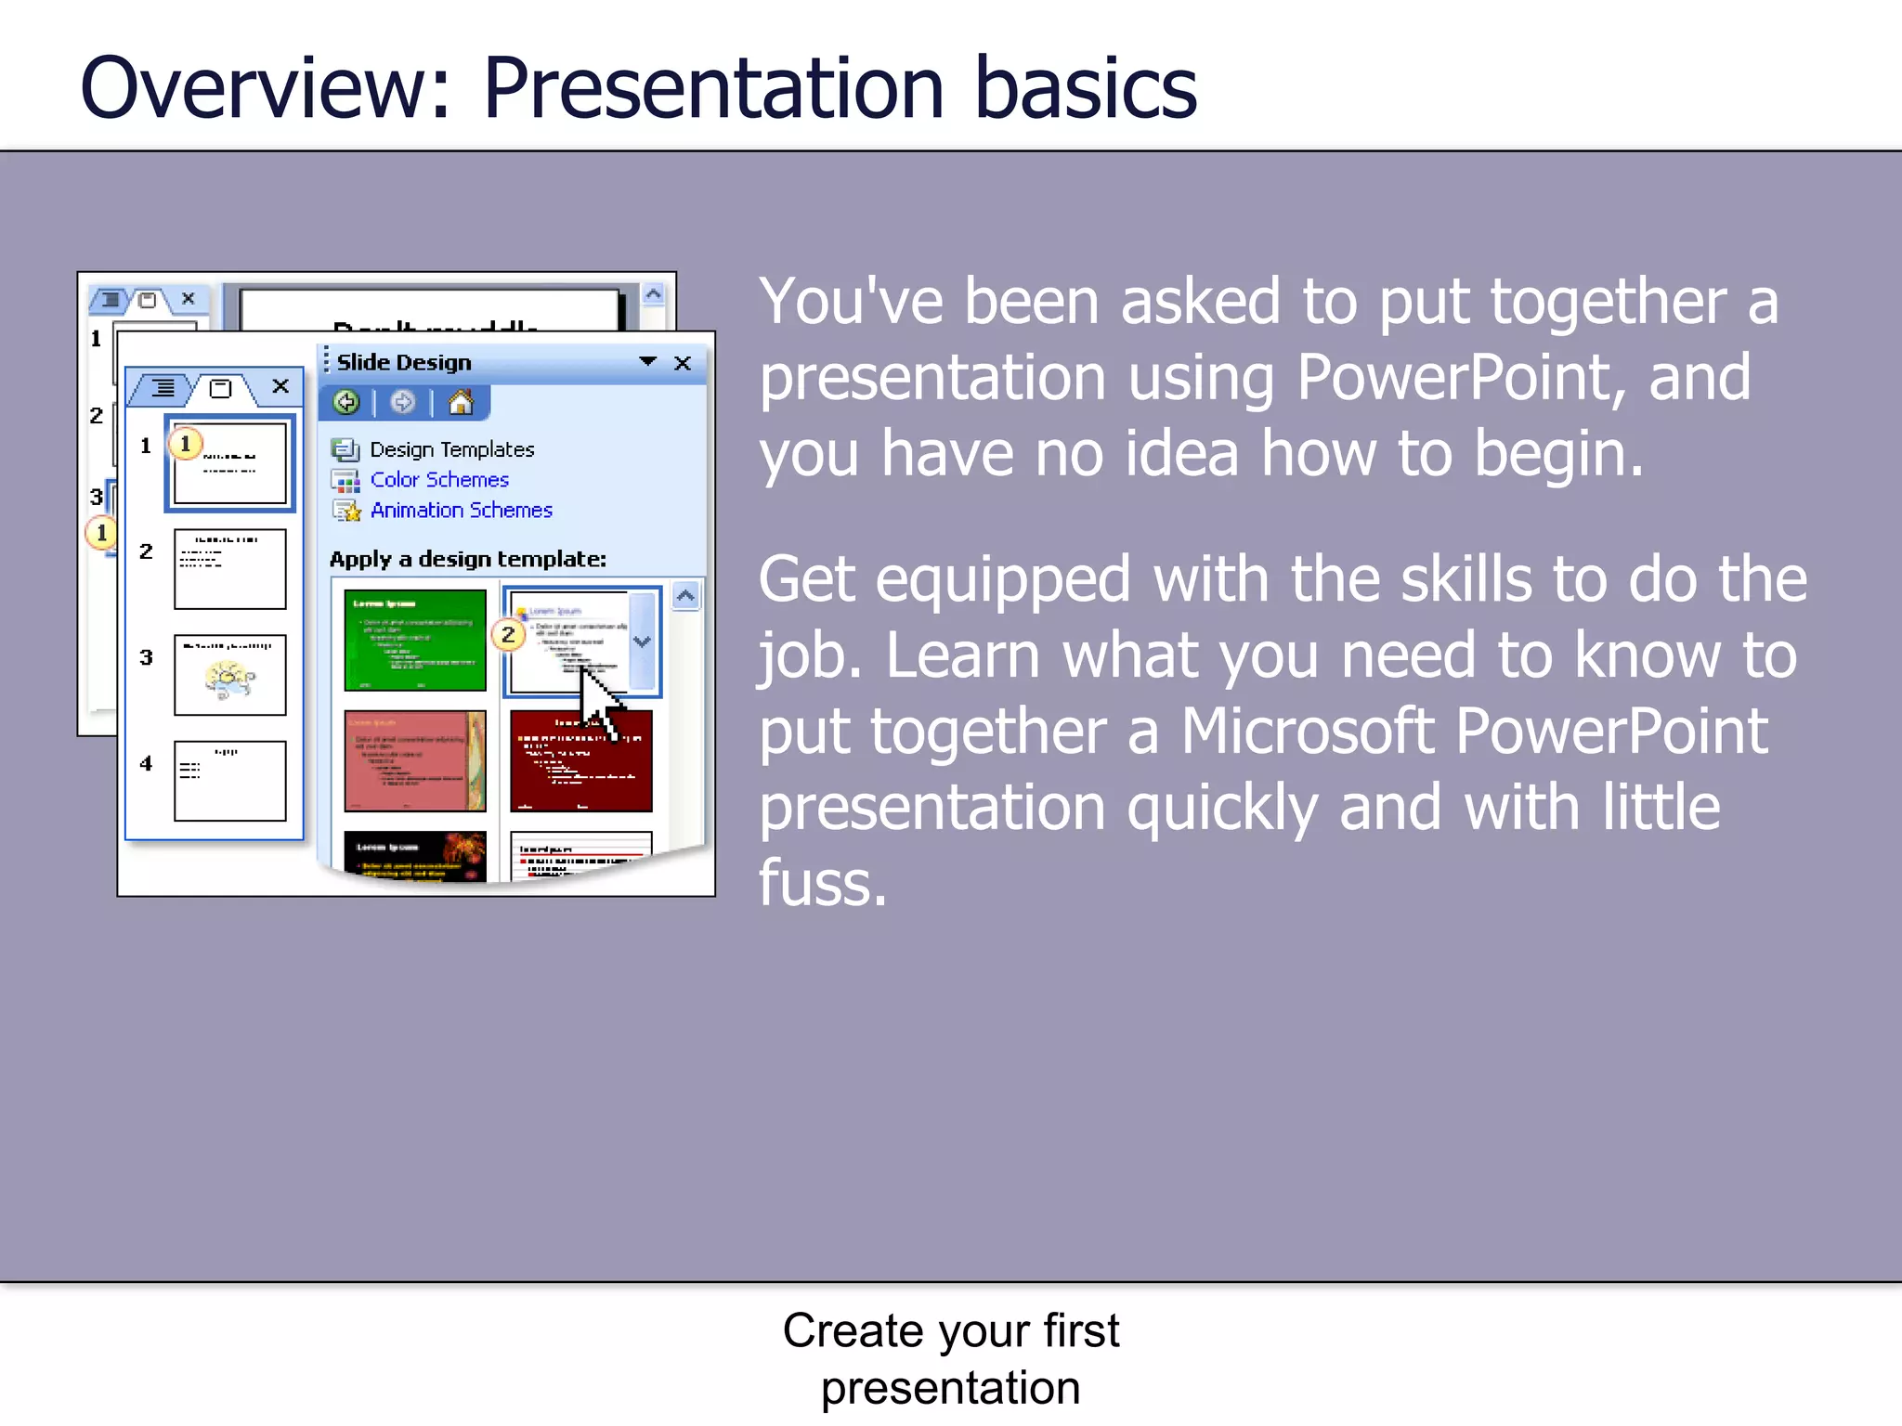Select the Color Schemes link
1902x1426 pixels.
click(x=439, y=480)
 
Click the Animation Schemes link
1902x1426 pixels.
click(x=461, y=511)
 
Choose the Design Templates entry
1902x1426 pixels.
click(x=451, y=449)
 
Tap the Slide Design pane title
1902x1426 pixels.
click(x=404, y=363)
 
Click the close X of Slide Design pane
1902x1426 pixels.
click(x=683, y=363)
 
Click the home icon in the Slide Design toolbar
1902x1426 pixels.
click(x=461, y=402)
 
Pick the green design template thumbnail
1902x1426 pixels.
click(x=414, y=641)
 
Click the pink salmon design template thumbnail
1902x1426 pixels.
click(x=414, y=761)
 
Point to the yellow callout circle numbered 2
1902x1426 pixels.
click(x=508, y=635)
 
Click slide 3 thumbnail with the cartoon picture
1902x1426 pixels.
click(x=229, y=675)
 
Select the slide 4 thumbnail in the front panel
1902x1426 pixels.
click(x=229, y=781)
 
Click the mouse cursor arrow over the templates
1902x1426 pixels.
click(x=600, y=701)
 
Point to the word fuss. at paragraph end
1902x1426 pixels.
click(x=822, y=883)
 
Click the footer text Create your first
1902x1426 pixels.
click(x=950, y=1330)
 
